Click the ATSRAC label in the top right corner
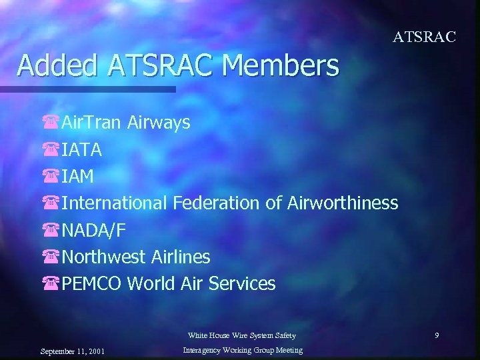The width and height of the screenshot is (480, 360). pos(424,37)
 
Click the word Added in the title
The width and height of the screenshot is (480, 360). pos(55,65)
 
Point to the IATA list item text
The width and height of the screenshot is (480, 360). pos(82,150)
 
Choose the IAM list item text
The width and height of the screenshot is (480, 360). pos(78,177)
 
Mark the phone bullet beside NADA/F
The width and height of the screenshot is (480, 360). pos(50,231)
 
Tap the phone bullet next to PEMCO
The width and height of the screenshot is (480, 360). pos(50,284)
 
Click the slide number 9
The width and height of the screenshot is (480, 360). pos(437,335)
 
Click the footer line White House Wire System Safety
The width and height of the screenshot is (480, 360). pos(241,335)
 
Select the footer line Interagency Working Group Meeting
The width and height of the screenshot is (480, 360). pos(241,350)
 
